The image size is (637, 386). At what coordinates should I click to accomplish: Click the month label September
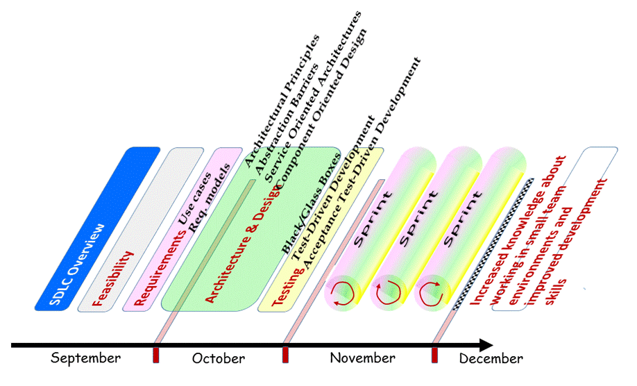pos(85,358)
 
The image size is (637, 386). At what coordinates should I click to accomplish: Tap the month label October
pos(218,358)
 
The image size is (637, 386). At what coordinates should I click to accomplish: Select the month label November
pos(362,358)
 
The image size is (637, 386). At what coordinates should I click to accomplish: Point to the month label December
pos(491,359)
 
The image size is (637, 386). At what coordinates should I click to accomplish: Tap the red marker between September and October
pos(156,355)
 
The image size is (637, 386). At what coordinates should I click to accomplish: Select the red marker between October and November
pos(285,355)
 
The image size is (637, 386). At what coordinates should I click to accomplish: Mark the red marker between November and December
pos(435,355)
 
